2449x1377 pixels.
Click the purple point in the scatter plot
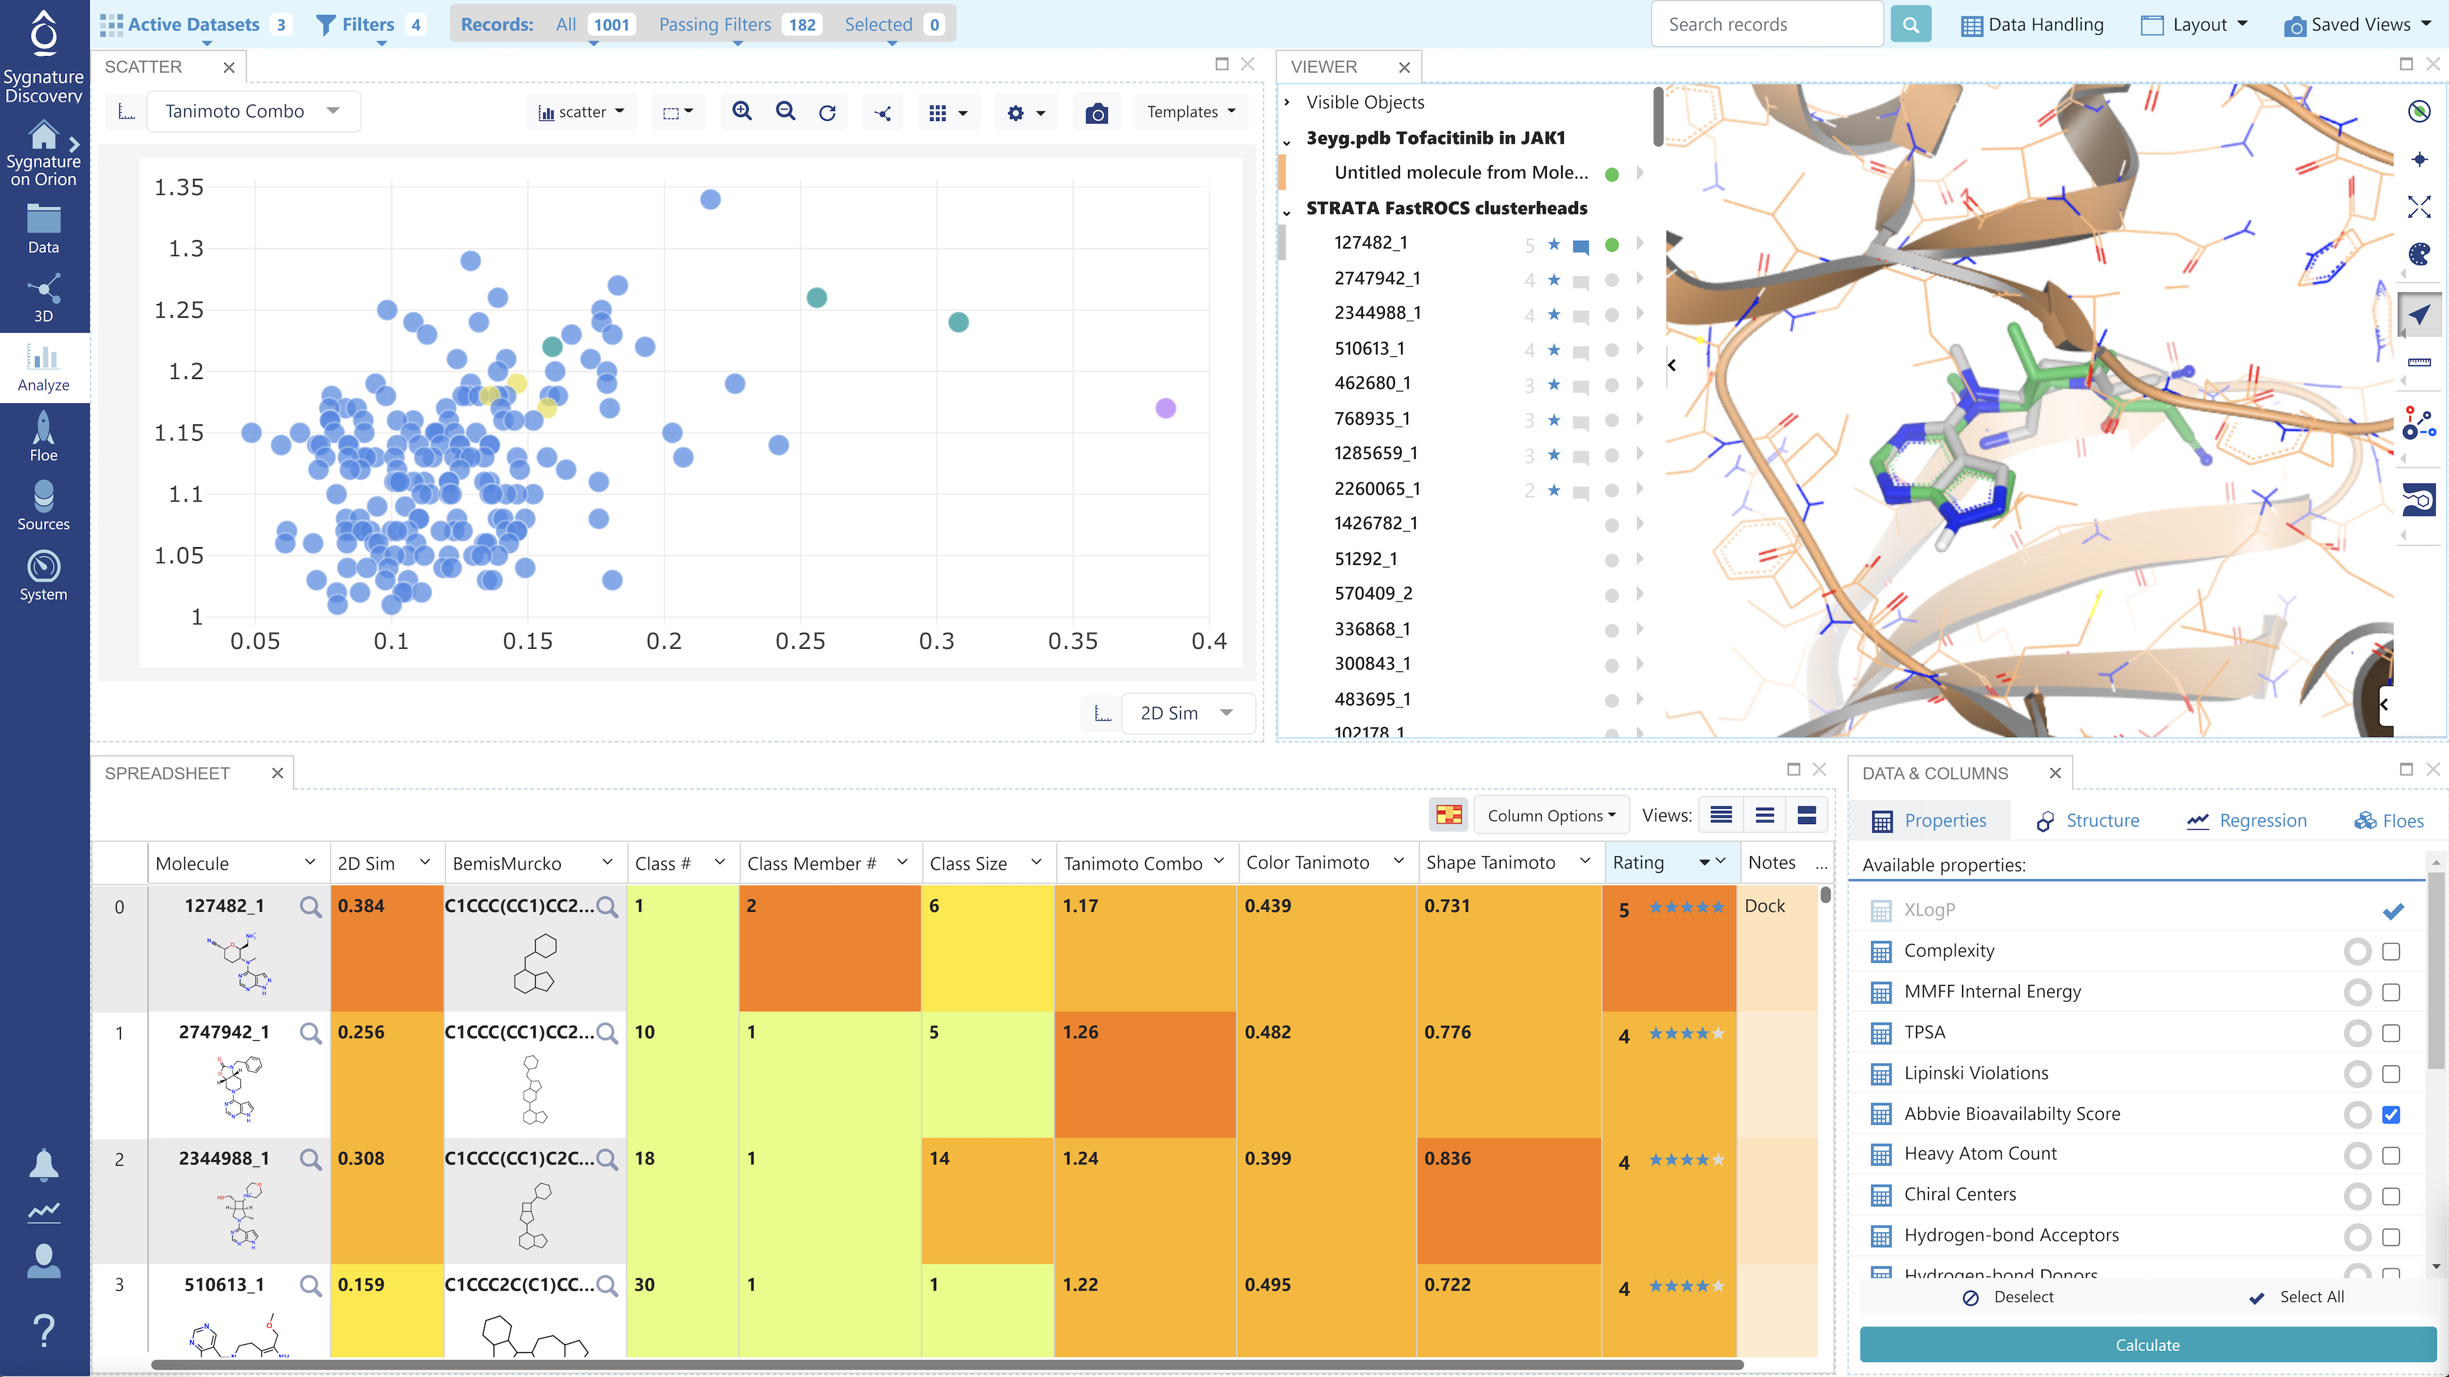pos(1166,409)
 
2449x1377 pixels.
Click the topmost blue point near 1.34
pos(710,200)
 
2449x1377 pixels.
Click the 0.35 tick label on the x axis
pos(1072,641)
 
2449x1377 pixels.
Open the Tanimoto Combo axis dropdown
pos(251,111)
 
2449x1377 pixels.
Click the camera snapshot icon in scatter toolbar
pos(1096,113)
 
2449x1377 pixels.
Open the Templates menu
pos(1190,111)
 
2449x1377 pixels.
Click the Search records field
pos(1765,25)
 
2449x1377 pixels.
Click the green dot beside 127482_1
pos(1611,245)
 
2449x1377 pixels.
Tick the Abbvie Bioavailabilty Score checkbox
pos(2391,1115)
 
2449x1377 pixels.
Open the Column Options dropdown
pos(1551,815)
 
